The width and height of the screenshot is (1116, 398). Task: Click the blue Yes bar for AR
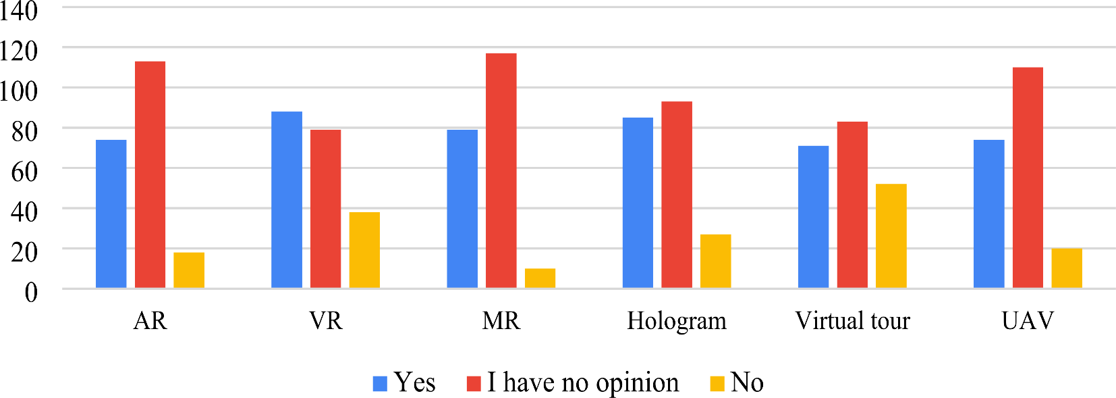click(x=111, y=214)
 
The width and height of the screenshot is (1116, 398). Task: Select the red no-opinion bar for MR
click(x=501, y=171)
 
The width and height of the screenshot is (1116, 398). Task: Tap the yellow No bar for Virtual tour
click(x=891, y=237)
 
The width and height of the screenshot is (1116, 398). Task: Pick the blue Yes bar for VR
click(x=287, y=200)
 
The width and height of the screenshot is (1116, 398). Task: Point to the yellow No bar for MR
click(x=540, y=278)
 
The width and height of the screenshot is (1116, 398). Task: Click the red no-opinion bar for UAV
click(x=1028, y=178)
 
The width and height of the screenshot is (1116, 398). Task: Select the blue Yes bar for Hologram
click(x=638, y=203)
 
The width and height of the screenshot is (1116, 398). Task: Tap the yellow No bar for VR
click(x=364, y=250)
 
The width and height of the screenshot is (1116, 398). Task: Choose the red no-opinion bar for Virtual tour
click(x=852, y=205)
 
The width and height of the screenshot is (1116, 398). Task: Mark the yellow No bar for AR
click(x=189, y=270)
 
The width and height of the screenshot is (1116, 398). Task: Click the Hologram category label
click(x=677, y=321)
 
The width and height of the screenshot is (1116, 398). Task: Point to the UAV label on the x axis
click(x=1028, y=321)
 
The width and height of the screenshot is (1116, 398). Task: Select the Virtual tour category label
click(x=852, y=321)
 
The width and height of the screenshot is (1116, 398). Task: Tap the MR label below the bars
click(x=501, y=321)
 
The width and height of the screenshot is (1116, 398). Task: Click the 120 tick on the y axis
click(x=19, y=50)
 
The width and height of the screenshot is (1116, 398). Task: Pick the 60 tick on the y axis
click(x=24, y=171)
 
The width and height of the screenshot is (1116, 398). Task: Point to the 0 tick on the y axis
click(x=31, y=292)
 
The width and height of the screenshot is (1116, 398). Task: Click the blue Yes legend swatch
click(x=380, y=384)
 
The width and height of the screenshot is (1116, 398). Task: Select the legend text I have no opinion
click(x=583, y=383)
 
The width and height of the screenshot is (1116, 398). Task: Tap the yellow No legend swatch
click(x=717, y=384)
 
